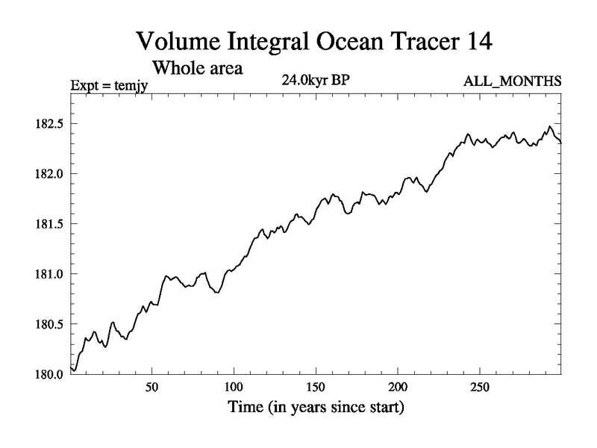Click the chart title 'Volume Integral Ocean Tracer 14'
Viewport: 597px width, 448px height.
pos(313,41)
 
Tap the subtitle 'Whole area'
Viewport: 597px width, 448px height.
pos(197,68)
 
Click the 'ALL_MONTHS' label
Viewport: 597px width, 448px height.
pos(521,81)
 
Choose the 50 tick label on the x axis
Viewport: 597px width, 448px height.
pos(151,389)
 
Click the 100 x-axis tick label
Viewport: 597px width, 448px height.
pos(234,389)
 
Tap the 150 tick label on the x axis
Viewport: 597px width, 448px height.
pos(316,389)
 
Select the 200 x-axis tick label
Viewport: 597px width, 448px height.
pos(398,389)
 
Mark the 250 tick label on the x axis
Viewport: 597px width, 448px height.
pos(480,389)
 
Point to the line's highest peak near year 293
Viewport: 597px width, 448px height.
pos(550,127)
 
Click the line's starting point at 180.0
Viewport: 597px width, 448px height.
pos(71,367)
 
